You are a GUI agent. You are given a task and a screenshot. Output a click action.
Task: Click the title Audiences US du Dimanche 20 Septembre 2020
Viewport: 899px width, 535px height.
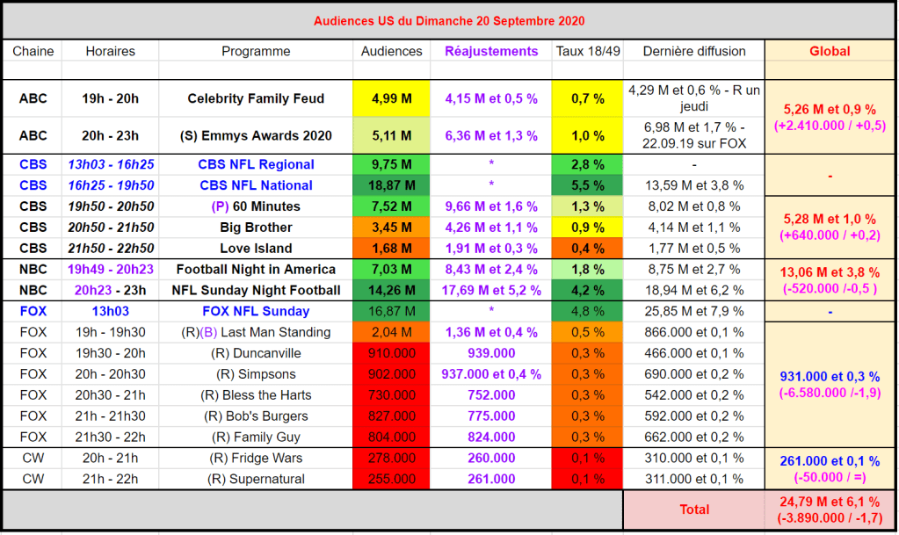[449, 20]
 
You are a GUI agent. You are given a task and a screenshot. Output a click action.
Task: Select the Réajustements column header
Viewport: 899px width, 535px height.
[491, 51]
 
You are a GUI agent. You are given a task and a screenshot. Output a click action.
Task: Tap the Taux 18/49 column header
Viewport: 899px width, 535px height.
[588, 51]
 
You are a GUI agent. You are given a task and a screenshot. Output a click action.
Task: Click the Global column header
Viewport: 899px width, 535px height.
[830, 51]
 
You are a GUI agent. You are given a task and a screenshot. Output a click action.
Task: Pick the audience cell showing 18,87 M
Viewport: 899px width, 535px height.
[391, 185]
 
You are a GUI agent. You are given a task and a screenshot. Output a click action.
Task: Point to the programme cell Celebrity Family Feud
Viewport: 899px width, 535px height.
[256, 98]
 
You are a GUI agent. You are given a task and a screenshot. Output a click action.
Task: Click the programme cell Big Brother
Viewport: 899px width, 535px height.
[256, 228]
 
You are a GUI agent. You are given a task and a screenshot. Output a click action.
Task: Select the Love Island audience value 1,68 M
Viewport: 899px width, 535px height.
[391, 249]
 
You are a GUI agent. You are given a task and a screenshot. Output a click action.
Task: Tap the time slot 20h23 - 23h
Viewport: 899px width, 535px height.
[110, 290]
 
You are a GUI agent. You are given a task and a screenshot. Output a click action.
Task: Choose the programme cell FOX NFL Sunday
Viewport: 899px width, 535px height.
[256, 311]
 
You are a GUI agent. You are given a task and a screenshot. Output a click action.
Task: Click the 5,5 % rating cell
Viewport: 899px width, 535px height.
[588, 185]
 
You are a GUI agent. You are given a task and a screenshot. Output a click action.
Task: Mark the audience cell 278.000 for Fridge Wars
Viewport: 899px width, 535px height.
[391, 458]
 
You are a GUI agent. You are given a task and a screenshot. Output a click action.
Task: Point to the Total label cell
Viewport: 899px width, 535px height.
[694, 509]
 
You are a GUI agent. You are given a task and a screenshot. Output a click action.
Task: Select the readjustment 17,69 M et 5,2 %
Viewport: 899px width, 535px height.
[491, 290]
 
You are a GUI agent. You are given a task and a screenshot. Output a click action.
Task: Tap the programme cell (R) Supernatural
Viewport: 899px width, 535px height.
[256, 479]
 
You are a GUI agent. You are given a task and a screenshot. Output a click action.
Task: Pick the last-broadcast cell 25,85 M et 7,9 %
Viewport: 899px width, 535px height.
[694, 311]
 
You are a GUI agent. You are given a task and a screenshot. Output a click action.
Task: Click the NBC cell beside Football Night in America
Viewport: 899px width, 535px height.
[33, 269]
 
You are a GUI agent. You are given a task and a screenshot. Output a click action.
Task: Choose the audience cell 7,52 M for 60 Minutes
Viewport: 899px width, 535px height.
[391, 206]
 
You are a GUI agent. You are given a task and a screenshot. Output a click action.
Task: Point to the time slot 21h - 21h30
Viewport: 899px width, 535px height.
[110, 416]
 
